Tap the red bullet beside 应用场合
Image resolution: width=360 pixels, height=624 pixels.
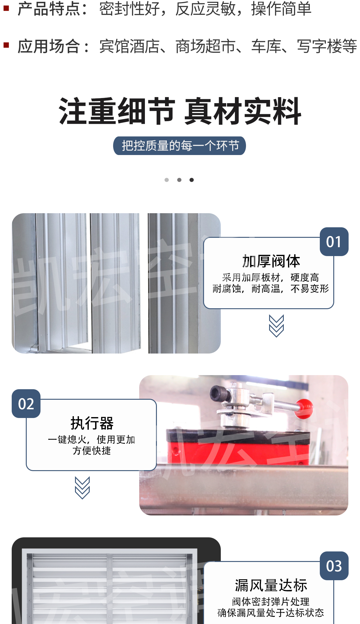point(6,45)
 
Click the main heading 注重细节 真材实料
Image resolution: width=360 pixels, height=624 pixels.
point(180,111)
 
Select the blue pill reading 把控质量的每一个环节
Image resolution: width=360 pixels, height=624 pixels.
point(179,146)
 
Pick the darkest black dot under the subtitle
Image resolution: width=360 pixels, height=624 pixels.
point(192,180)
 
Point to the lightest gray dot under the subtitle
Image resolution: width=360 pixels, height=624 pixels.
point(167,180)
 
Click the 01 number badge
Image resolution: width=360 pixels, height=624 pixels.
point(334,242)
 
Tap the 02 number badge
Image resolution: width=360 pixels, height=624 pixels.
point(26,404)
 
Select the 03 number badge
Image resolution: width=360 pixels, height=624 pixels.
point(334,566)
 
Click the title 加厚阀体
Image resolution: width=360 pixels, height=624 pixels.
point(271,261)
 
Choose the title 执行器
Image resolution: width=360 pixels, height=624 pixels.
point(92,423)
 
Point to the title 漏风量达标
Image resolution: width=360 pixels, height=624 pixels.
point(271,585)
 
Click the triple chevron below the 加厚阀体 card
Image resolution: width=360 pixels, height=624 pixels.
point(276,326)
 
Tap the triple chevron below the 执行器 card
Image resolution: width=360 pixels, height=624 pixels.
point(82,488)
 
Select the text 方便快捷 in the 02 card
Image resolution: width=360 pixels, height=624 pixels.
point(92,451)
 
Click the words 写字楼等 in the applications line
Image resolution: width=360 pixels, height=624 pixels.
point(327,46)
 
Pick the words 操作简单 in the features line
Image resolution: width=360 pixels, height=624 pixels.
point(281,8)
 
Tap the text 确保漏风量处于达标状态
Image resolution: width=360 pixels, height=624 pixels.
point(271,613)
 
